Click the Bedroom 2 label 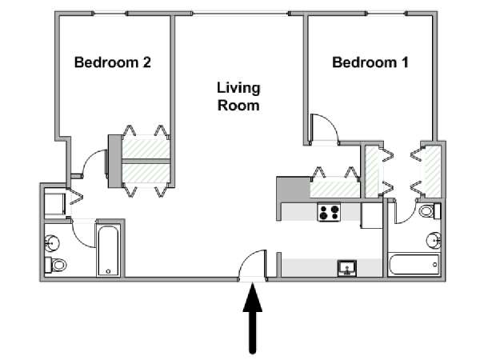[113, 62]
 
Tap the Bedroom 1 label [370, 62]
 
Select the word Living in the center [238, 88]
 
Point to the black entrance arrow [253, 318]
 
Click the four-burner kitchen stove [329, 212]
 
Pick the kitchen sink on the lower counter [347, 267]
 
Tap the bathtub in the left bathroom [108, 250]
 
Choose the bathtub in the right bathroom [414, 264]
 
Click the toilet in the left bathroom [55, 265]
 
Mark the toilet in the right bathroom [430, 211]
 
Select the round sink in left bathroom [52, 243]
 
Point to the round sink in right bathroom [434, 240]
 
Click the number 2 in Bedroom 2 [146, 62]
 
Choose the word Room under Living [238, 106]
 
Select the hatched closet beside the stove [335, 187]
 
